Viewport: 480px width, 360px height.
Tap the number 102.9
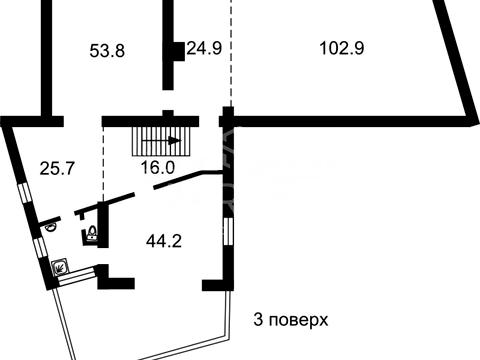341,47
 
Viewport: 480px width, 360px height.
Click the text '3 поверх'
289,320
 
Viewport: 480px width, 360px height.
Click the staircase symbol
158,140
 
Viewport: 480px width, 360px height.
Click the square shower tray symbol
61,267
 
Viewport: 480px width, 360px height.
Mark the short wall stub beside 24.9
177,51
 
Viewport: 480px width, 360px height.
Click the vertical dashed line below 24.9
231,60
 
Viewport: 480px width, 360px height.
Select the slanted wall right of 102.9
456,60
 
